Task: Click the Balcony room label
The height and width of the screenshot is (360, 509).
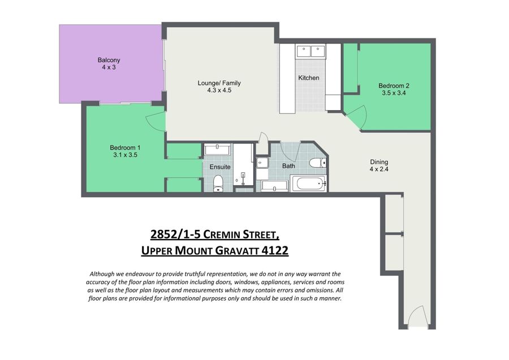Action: (109, 60)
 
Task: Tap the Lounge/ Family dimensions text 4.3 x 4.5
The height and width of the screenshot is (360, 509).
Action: (219, 90)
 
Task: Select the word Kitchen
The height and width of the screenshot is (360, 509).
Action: (309, 78)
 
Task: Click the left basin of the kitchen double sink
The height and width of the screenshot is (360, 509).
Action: (304, 51)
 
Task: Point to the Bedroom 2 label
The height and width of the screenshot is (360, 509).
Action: (394, 86)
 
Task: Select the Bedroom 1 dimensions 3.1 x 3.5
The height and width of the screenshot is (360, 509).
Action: (125, 155)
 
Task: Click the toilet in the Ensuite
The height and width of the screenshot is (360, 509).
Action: (218, 183)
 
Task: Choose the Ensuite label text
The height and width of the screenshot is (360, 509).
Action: (220, 167)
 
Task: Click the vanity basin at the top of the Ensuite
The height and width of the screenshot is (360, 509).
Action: (217, 149)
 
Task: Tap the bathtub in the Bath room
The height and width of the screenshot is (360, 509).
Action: (309, 184)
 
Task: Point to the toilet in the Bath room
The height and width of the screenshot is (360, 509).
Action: (317, 163)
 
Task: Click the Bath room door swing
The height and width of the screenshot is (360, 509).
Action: (290, 153)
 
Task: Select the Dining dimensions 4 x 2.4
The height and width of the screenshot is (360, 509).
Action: (379, 169)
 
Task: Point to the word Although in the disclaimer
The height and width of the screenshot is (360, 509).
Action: (102, 274)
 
